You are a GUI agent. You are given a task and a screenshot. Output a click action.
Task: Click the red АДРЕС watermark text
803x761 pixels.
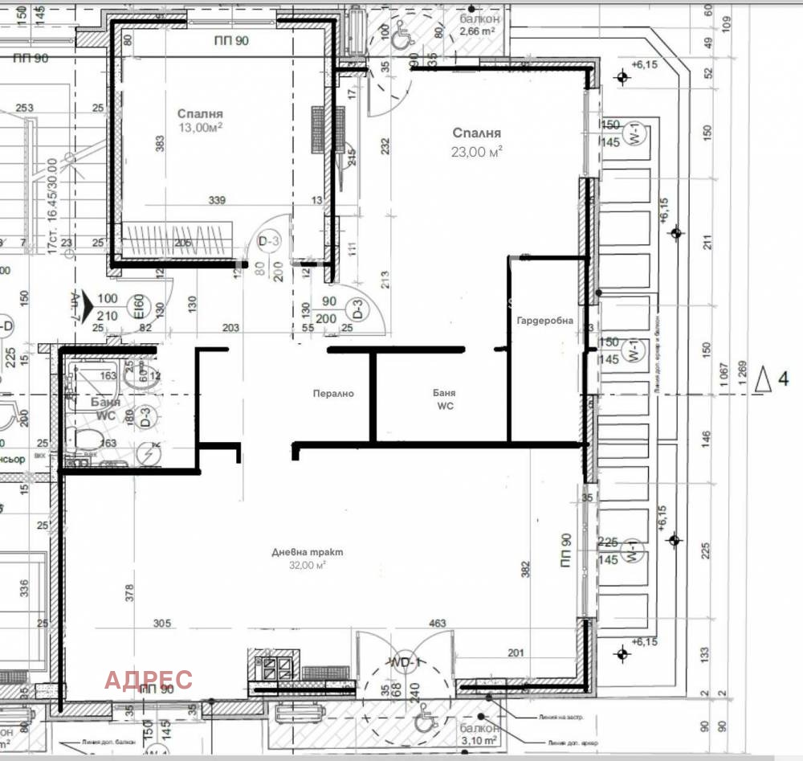click(149, 679)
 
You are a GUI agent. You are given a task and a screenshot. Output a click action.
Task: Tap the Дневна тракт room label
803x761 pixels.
click(307, 552)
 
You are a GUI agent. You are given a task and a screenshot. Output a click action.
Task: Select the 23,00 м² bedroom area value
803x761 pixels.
click(477, 150)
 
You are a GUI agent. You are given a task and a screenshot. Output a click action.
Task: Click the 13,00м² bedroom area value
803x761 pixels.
click(200, 127)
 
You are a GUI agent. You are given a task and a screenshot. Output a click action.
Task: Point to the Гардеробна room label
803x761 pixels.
click(545, 321)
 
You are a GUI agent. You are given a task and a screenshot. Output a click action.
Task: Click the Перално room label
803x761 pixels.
click(333, 394)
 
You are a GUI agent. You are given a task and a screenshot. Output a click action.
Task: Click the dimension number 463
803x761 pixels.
click(438, 623)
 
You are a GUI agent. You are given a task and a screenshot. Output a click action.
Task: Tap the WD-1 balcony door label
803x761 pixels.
click(407, 661)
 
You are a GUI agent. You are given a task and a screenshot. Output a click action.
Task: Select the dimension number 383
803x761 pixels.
click(160, 145)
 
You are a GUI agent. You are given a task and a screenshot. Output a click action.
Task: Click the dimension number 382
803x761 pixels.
click(527, 569)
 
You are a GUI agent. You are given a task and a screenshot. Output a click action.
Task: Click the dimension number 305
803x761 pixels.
click(161, 623)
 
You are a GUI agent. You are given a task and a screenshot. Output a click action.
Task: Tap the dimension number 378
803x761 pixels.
click(129, 592)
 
